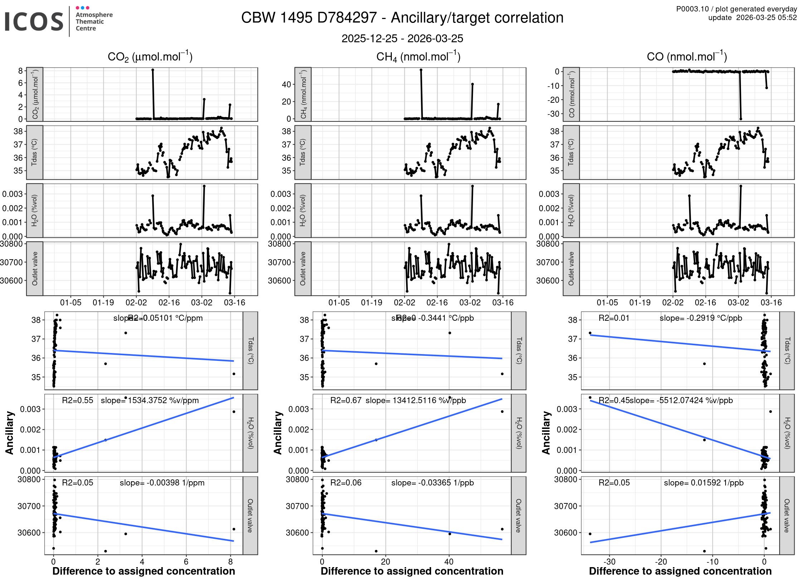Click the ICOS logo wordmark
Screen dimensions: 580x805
click(x=34, y=21)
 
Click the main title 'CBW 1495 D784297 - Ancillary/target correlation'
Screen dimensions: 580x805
click(x=402, y=18)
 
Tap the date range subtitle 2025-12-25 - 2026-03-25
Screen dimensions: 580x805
click(x=402, y=38)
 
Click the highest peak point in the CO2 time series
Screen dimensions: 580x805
click(x=153, y=70)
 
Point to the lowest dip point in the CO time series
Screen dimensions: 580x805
click(x=741, y=119)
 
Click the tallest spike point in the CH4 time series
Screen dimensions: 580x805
click(x=421, y=70)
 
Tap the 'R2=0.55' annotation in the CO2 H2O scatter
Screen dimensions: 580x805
click(x=78, y=400)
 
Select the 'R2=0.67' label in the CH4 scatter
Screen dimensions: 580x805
click(x=346, y=400)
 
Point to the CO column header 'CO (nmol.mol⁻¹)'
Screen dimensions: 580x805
click(x=687, y=57)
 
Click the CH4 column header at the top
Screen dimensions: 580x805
click(x=418, y=57)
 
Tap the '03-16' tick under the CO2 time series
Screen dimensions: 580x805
click(x=234, y=303)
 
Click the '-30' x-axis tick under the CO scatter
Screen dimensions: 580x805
click(x=610, y=562)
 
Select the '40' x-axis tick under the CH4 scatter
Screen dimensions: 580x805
click(x=449, y=562)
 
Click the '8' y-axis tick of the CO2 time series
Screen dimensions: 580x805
click(x=21, y=71)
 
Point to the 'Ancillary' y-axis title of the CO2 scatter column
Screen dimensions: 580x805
click(x=10, y=433)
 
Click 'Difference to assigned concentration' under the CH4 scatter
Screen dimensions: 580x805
click(x=412, y=571)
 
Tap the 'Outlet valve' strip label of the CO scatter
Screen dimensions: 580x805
click(x=787, y=516)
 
